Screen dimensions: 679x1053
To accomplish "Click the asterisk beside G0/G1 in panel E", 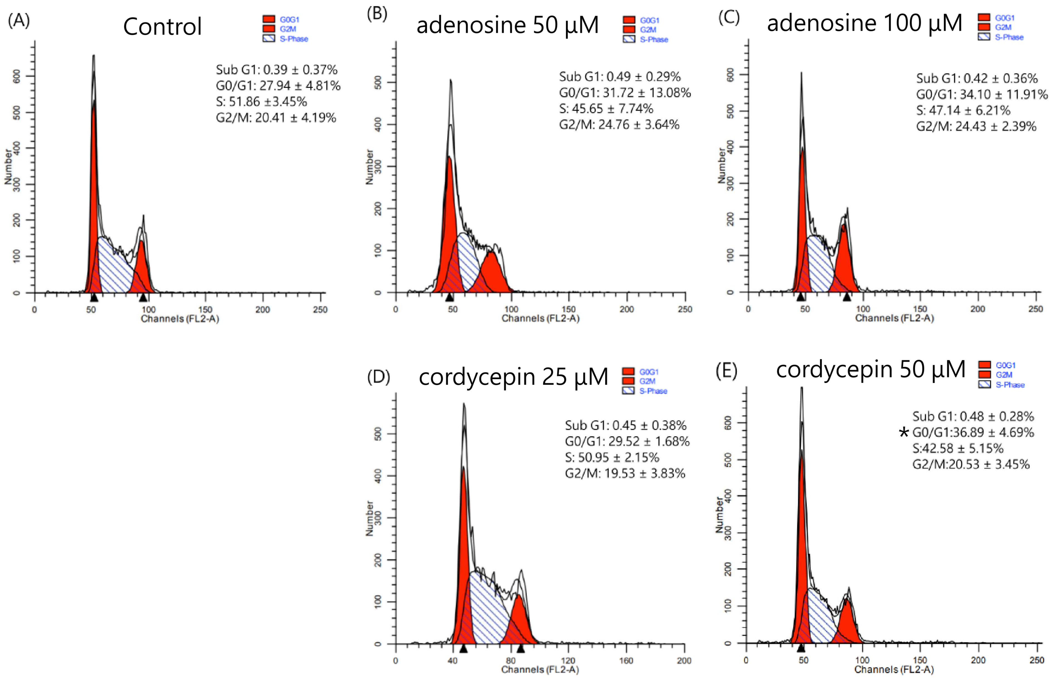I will (x=903, y=433).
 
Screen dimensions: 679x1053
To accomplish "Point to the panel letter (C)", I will (x=729, y=18).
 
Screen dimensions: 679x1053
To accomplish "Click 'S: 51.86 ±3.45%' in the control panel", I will (x=261, y=101).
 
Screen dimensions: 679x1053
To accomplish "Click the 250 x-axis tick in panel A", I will (x=320, y=309).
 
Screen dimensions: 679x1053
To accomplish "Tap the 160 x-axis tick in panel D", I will (x=626, y=661).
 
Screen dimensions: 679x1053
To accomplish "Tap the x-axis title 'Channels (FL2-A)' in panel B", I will (x=540, y=318).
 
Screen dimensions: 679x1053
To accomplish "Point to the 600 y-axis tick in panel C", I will (x=730, y=75).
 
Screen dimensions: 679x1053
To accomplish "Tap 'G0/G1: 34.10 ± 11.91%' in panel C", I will (x=982, y=94).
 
